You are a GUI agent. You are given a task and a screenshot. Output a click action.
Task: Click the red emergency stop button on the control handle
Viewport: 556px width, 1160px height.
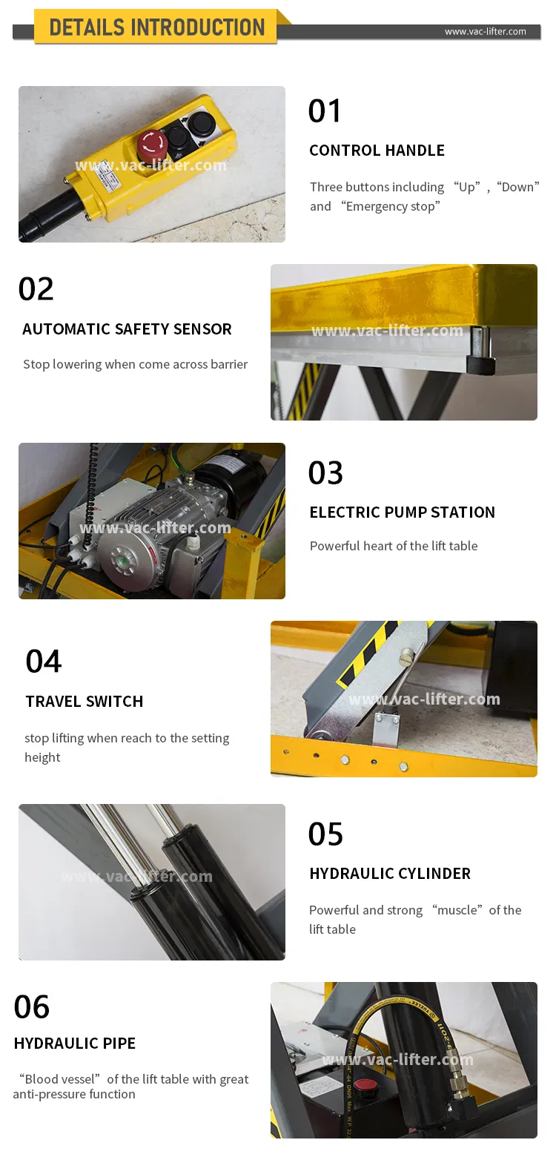click(x=152, y=144)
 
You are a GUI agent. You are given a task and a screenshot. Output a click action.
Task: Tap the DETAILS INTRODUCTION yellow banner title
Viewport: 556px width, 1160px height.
click(x=157, y=27)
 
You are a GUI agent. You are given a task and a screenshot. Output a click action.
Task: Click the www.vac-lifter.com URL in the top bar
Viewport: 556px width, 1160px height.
click(x=485, y=32)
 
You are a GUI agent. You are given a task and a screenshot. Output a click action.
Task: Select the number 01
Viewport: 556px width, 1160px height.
click(x=325, y=111)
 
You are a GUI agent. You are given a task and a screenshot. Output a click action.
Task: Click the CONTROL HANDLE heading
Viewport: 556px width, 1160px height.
click(x=377, y=150)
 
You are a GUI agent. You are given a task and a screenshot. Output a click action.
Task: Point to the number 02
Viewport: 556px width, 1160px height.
click(x=36, y=289)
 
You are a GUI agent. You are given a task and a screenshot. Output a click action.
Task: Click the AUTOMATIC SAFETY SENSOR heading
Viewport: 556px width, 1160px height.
click(x=127, y=329)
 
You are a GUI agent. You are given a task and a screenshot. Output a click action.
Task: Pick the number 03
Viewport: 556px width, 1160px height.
click(x=325, y=472)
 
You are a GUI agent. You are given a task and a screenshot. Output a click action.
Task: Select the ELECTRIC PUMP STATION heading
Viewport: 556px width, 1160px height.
click(x=403, y=513)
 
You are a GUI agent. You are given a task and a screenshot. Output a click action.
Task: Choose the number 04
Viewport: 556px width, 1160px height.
click(x=44, y=662)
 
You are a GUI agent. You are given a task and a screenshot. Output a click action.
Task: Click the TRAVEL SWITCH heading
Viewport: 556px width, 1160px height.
click(x=85, y=701)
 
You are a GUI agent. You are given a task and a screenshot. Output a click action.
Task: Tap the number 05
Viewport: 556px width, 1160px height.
click(x=325, y=834)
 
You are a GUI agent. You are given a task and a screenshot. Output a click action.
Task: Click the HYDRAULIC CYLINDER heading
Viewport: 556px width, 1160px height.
click(x=391, y=874)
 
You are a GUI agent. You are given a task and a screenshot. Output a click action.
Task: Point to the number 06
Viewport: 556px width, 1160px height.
click(x=32, y=1007)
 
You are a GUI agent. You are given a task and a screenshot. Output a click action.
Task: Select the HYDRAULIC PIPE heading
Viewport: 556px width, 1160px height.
click(x=75, y=1044)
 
